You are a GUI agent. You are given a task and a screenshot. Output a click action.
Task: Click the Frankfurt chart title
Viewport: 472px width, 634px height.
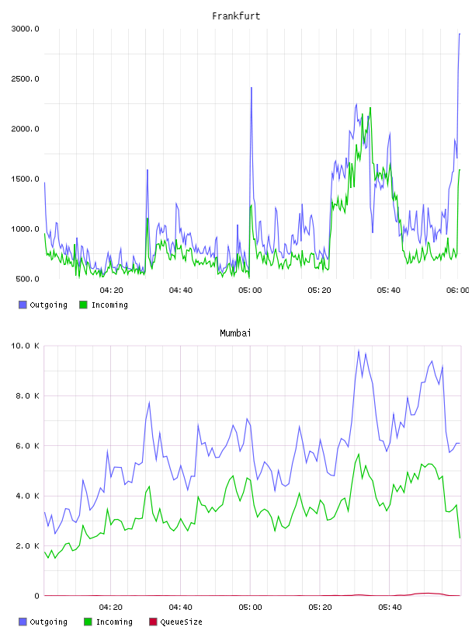tap(236, 16)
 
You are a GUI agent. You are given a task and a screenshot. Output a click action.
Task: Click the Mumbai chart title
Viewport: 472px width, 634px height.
tap(235, 333)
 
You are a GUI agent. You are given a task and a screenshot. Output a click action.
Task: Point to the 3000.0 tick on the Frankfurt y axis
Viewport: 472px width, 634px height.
tap(25, 29)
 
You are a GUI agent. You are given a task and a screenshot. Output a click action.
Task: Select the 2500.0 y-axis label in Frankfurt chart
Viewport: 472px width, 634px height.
tap(25, 78)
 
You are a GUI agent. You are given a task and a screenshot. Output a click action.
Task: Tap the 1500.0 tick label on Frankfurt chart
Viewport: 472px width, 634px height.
tap(25, 179)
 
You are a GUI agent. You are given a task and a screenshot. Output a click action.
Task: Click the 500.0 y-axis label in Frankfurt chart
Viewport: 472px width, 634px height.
tap(27, 279)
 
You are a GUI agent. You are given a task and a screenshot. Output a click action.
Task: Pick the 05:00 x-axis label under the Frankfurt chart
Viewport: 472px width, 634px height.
tap(250, 291)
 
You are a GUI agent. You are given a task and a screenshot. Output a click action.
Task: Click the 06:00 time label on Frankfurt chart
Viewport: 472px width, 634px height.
tap(458, 291)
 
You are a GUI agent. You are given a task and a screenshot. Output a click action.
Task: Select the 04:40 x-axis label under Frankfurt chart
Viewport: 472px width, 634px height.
tap(181, 291)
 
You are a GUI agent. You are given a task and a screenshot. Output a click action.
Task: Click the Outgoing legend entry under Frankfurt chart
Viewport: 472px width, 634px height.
tap(43, 305)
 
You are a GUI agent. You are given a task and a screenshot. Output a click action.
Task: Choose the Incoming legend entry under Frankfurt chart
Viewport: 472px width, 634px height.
tap(104, 305)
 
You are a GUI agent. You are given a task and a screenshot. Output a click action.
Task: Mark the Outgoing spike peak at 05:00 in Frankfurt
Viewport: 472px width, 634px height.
tap(252, 87)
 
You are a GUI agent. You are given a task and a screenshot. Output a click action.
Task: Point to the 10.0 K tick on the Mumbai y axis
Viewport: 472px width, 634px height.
tap(25, 346)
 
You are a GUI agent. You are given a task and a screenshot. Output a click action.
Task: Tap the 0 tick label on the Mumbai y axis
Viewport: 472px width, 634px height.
tap(36, 596)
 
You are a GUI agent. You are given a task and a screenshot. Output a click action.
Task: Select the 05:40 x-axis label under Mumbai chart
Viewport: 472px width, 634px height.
tap(390, 608)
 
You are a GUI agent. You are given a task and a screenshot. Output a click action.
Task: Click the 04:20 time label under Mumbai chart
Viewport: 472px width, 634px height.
tap(111, 608)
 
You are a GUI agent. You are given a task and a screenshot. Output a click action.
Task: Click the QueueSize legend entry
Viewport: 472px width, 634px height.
tap(175, 622)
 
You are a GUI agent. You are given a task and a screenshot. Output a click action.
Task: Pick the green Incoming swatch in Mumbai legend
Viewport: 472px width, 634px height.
tap(88, 622)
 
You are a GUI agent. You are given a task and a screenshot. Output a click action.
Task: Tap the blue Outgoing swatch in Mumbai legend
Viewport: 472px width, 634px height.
tap(23, 622)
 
